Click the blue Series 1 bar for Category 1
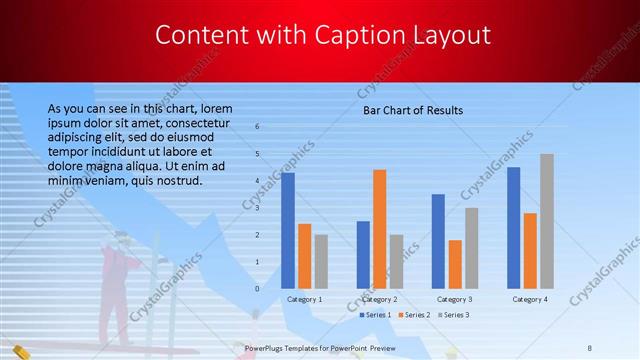tap(288, 231)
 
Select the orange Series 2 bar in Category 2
tap(379, 229)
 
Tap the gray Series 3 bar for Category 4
tap(546, 221)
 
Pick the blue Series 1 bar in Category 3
tap(437, 241)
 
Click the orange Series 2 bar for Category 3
tap(454, 264)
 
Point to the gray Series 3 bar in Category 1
tap(321, 261)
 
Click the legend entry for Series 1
tap(376, 315)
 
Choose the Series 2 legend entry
tap(415, 315)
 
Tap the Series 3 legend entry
tap(454, 315)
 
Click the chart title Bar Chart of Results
tap(412, 110)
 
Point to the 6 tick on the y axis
tap(258, 127)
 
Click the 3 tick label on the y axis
tap(258, 208)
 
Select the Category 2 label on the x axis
tap(379, 299)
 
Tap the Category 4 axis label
tap(529, 299)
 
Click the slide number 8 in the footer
tap(590, 347)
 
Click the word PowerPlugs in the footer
tap(266, 347)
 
